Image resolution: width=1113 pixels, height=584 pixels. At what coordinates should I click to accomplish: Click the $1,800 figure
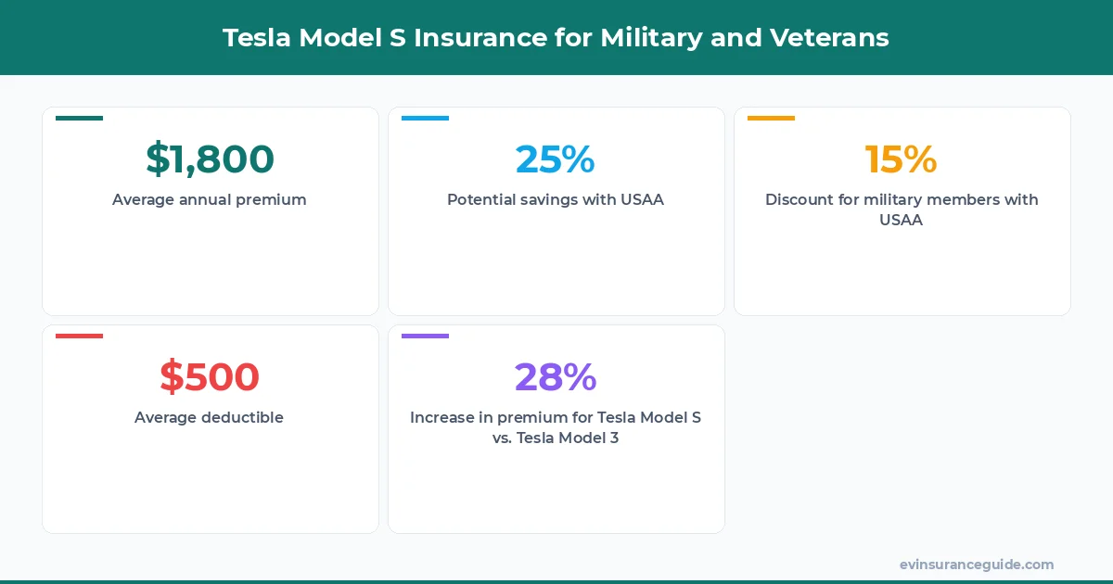pyautogui.click(x=210, y=159)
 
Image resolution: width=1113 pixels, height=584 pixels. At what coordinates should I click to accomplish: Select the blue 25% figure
pyautogui.click(x=555, y=159)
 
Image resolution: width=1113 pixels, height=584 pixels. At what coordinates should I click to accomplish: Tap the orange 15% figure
pyautogui.click(x=901, y=159)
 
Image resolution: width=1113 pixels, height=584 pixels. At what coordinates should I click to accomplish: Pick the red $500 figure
pyautogui.click(x=210, y=377)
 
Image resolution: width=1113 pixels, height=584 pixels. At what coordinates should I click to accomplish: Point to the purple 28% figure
pyautogui.click(x=555, y=377)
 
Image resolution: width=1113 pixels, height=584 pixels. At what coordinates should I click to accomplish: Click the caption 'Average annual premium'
pyautogui.click(x=210, y=199)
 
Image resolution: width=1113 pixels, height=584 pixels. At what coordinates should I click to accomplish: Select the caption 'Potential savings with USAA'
pyautogui.click(x=555, y=199)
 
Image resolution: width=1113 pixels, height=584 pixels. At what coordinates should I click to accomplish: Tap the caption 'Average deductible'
pyautogui.click(x=210, y=417)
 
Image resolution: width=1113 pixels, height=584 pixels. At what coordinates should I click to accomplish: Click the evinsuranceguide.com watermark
pyautogui.click(x=976, y=565)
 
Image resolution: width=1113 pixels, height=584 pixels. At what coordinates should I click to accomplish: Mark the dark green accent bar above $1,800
pyautogui.click(x=79, y=119)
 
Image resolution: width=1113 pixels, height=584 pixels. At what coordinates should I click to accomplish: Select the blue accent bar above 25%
pyautogui.click(x=425, y=119)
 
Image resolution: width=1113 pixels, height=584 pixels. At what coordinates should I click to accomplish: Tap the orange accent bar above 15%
pyautogui.click(x=771, y=119)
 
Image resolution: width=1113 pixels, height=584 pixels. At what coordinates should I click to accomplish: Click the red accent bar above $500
pyautogui.click(x=79, y=336)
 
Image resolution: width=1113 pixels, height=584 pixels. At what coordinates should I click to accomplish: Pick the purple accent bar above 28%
pyautogui.click(x=425, y=336)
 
